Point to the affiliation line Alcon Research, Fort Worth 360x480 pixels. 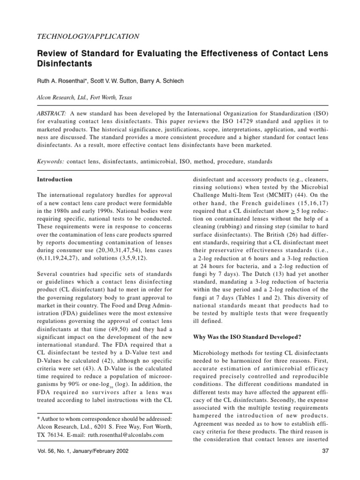[x=84, y=98]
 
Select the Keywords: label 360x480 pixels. [x=51, y=161]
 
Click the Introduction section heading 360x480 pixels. [x=54, y=179]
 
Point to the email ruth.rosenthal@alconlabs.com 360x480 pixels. [x=126, y=435]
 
